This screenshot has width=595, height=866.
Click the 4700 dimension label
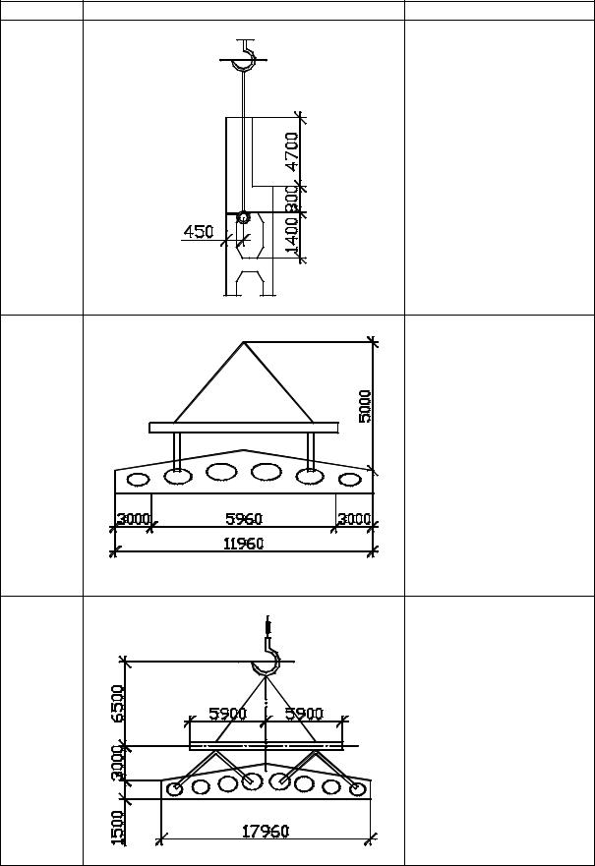[x=292, y=150]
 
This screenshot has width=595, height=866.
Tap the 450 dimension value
[x=198, y=231]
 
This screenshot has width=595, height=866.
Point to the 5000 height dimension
[x=365, y=407]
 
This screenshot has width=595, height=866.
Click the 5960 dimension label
[x=244, y=519]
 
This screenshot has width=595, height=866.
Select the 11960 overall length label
[x=244, y=544]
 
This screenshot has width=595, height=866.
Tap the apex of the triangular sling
[x=244, y=342]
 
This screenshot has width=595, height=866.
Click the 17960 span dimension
[x=266, y=832]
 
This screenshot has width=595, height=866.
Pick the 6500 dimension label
[x=118, y=703]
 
